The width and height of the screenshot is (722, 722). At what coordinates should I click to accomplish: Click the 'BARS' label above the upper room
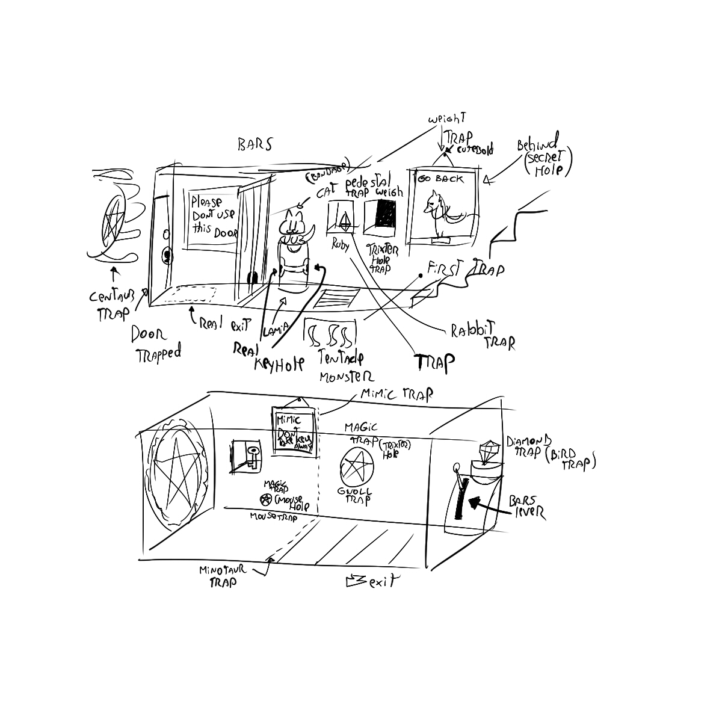(x=255, y=145)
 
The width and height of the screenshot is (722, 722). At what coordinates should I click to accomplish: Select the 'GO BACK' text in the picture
(x=441, y=179)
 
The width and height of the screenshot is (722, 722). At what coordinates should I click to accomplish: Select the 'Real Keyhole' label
(x=274, y=354)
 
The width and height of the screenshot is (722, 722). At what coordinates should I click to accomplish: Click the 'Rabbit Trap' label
(x=483, y=336)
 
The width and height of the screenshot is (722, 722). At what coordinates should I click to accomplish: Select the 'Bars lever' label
(x=525, y=507)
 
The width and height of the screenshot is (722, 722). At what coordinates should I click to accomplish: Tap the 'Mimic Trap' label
(x=396, y=395)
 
